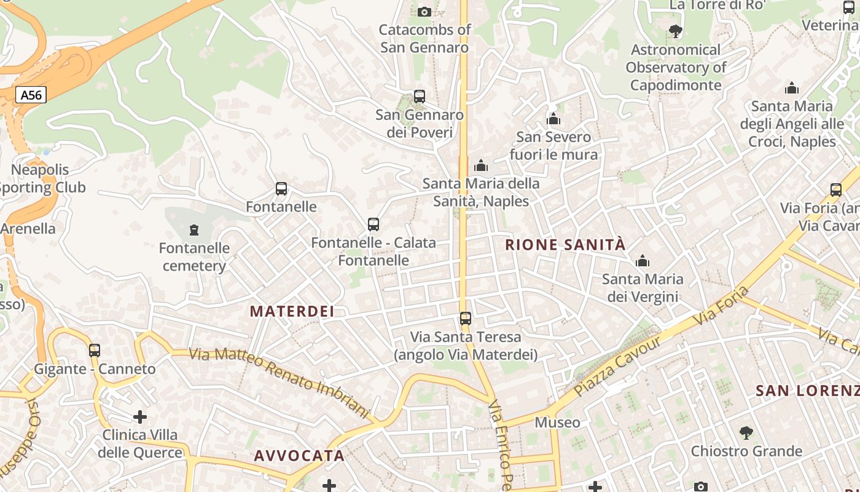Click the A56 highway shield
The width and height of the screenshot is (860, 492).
click(x=31, y=95)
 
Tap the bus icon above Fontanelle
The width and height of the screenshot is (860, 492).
click(x=281, y=189)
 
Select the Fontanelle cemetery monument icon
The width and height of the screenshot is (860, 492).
click(x=194, y=231)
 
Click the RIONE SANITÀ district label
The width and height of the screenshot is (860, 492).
click(x=565, y=245)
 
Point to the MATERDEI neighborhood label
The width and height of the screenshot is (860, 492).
click(x=292, y=311)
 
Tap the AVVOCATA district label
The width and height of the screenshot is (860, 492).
click(x=299, y=456)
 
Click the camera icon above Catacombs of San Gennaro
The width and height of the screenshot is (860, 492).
click(x=424, y=12)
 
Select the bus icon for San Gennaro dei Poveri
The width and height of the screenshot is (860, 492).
click(x=420, y=97)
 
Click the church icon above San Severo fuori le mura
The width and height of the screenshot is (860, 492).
click(x=553, y=119)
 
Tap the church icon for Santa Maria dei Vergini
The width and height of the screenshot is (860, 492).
click(x=643, y=261)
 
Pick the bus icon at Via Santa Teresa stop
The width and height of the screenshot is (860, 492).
click(x=466, y=319)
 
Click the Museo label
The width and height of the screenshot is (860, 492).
click(x=557, y=423)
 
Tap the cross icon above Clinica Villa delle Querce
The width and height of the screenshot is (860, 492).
click(x=140, y=417)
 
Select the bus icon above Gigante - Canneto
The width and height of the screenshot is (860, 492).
click(x=95, y=351)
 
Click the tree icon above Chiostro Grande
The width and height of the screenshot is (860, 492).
click(x=746, y=433)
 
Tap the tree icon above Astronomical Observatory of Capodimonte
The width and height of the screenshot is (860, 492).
click(x=676, y=31)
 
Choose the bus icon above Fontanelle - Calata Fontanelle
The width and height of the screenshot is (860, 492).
click(x=373, y=224)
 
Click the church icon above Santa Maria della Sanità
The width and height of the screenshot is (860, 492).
click(x=481, y=165)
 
